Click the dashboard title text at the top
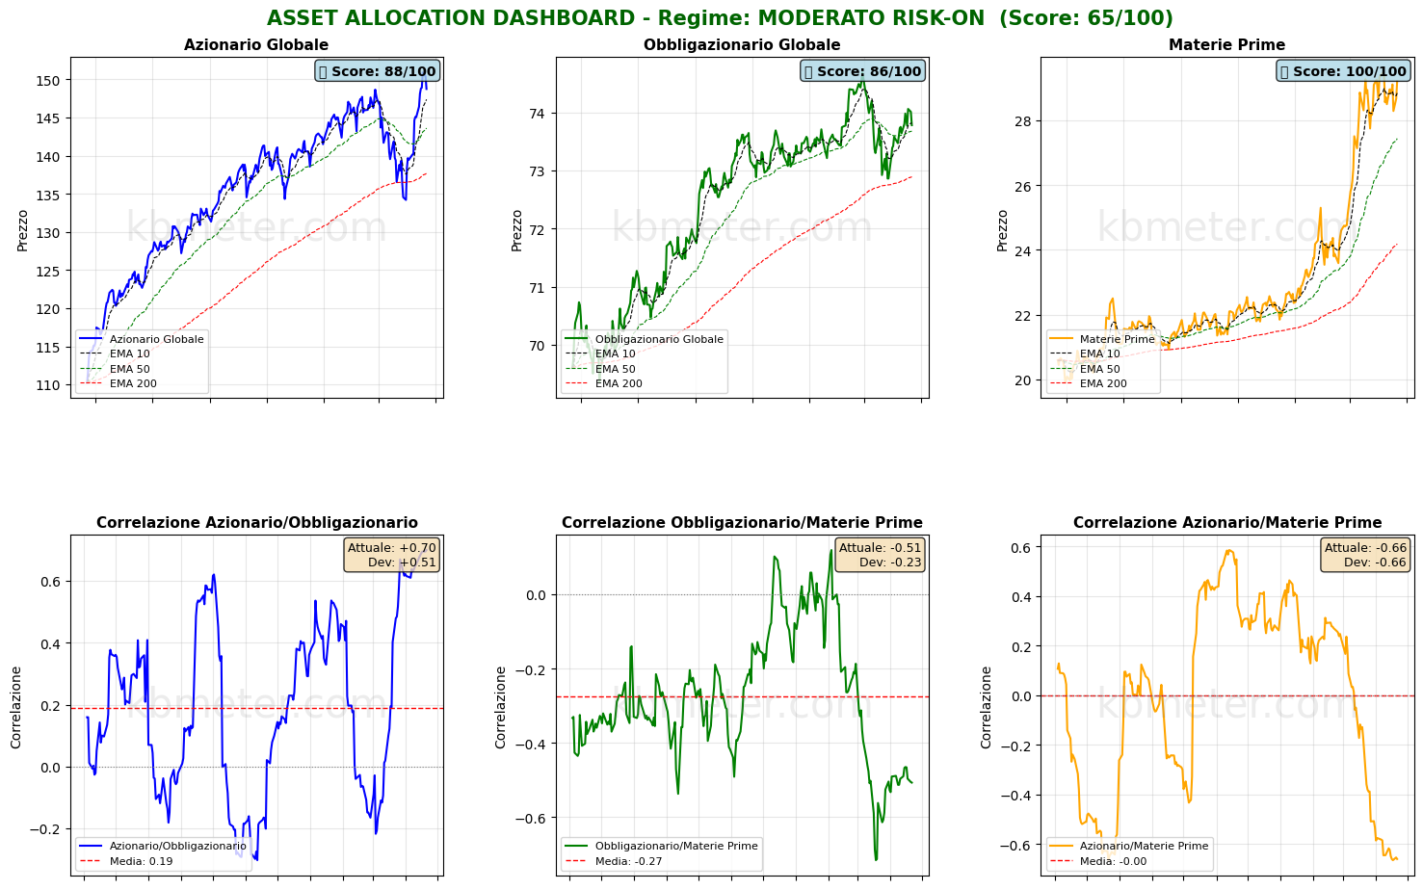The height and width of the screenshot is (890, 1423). click(720, 18)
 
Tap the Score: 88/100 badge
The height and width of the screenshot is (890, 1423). click(377, 71)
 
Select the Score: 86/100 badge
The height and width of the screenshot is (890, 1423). click(862, 71)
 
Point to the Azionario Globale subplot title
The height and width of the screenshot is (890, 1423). click(256, 45)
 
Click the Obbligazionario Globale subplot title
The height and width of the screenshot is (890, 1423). click(742, 45)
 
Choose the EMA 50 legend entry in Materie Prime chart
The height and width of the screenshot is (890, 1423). click(1099, 369)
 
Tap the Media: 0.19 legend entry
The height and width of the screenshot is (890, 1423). click(141, 861)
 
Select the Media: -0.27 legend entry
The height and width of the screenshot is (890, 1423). click(628, 861)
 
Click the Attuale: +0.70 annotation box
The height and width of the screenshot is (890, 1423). click(391, 555)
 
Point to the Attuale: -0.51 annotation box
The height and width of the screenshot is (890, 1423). click(880, 555)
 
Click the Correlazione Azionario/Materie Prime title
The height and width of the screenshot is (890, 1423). click(1227, 523)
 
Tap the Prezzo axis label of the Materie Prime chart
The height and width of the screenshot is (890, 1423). click(1003, 230)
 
